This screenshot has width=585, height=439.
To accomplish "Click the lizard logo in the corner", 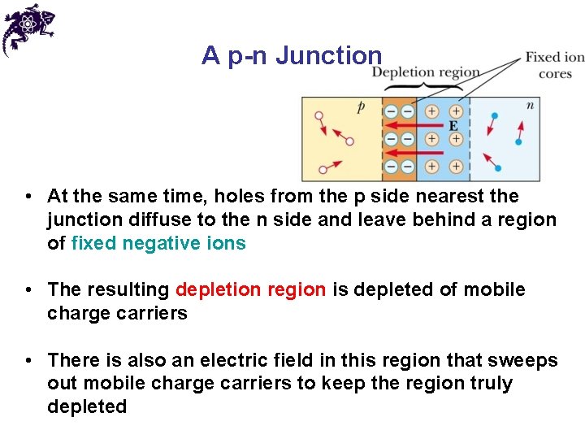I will [x=28, y=28].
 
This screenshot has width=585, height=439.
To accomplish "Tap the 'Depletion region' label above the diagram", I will [x=425, y=72].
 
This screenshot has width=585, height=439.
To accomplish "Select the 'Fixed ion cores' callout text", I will [x=554, y=65].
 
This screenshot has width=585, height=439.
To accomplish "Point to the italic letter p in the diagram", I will [x=361, y=106].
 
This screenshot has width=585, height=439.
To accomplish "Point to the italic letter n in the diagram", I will [x=530, y=105].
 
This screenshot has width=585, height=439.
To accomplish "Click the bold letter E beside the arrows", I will [x=453, y=126].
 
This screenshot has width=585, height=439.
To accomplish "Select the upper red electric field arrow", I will [x=415, y=125].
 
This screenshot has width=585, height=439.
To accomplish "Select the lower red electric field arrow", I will [x=415, y=152].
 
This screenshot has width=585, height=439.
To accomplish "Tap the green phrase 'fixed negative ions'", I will [x=158, y=243].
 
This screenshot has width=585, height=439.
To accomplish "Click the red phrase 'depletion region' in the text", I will [x=250, y=289].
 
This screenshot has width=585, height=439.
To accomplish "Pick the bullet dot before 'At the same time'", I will [x=28, y=197].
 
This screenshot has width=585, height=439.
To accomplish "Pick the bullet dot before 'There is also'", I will [x=28, y=360].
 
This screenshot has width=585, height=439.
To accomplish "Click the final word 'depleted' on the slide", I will [x=87, y=406].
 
